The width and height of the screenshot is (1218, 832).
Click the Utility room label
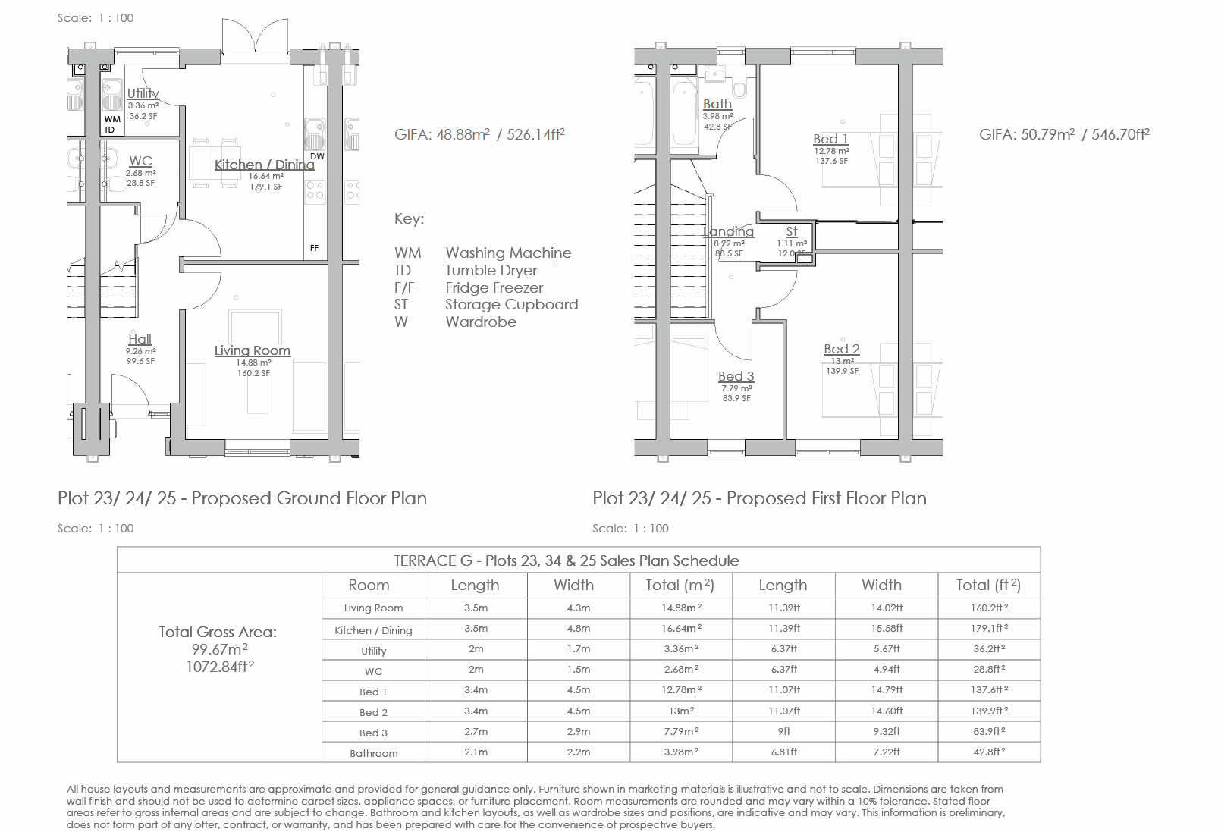pyautogui.click(x=143, y=93)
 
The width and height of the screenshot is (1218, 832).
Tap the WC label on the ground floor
pyautogui.click(x=140, y=161)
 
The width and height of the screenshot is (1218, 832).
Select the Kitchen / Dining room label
pyautogui.click(x=264, y=165)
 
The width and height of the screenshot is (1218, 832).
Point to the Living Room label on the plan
pyautogui.click(x=253, y=350)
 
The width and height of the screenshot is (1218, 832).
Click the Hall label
pyautogui.click(x=140, y=339)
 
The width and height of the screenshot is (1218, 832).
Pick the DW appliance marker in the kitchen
pyautogui.click(x=317, y=156)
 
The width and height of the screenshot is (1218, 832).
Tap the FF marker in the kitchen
pyautogui.click(x=314, y=248)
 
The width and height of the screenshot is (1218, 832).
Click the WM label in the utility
pyautogui.click(x=112, y=119)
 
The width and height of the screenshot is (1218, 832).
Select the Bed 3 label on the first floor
pyautogui.click(x=736, y=376)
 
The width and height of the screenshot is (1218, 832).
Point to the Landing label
pyautogui.click(x=729, y=231)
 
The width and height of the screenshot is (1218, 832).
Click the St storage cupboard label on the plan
pyautogui.click(x=792, y=231)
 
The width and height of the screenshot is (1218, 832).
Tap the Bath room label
pyautogui.click(x=717, y=104)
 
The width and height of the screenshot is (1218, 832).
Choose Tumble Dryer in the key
pyautogui.click(x=491, y=270)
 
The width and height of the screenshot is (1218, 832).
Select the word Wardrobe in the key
pyautogui.click(x=481, y=322)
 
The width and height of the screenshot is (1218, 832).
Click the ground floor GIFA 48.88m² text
pyautogui.click(x=479, y=134)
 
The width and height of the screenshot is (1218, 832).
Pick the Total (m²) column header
pyautogui.click(x=680, y=585)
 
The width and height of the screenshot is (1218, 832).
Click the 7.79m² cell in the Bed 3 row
pyautogui.click(x=681, y=731)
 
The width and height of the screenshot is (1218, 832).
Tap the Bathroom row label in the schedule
pyautogui.click(x=374, y=753)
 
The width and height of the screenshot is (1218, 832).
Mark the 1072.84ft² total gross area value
pyautogui.click(x=220, y=667)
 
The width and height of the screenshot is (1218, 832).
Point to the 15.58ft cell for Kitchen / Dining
pyautogui.click(x=887, y=628)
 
